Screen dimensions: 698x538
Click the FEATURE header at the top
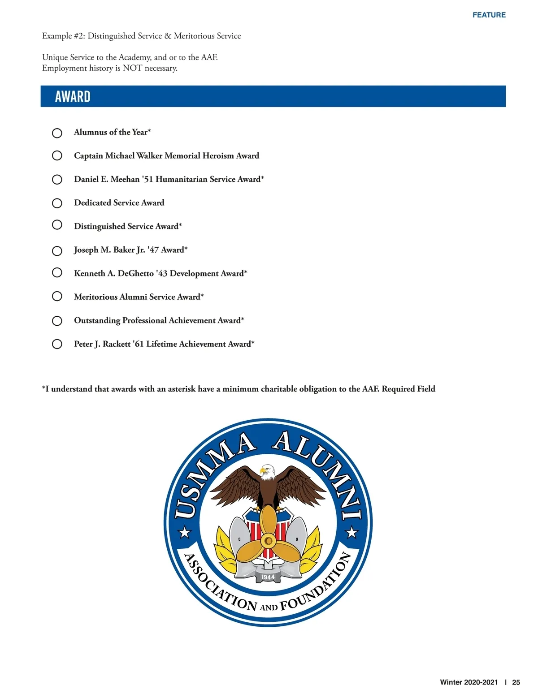(x=489, y=15)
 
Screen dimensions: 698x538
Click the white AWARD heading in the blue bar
(x=73, y=97)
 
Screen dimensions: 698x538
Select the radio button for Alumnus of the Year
(x=57, y=133)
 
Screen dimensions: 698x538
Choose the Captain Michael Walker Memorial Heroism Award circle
(x=57, y=155)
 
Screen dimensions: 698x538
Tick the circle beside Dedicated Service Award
(x=57, y=203)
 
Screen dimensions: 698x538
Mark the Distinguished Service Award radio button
(x=57, y=224)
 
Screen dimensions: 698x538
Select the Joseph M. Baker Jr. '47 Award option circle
(x=57, y=251)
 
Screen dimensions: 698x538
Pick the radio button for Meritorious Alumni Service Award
(x=57, y=296)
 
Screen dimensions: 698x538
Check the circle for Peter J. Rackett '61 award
(x=57, y=344)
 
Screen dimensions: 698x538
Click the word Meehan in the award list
(x=125, y=179)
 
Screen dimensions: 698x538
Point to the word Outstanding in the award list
(x=97, y=320)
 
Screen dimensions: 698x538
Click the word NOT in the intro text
(x=132, y=68)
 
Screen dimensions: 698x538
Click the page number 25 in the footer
(x=516, y=682)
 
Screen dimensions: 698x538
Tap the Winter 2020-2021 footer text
(x=469, y=682)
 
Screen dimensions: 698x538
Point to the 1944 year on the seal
(x=268, y=577)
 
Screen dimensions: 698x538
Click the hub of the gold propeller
(x=268, y=541)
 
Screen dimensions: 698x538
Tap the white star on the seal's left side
(x=185, y=533)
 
